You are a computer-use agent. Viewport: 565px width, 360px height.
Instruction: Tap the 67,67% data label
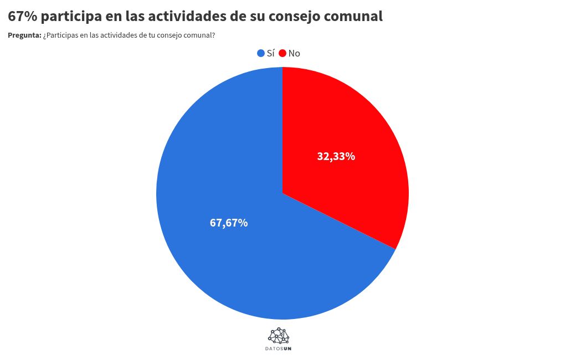(229, 223)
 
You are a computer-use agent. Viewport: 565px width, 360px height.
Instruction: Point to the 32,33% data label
(336, 156)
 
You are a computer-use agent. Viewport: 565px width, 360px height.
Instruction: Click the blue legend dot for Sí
(261, 53)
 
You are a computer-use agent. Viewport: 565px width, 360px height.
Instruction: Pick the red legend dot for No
(282, 53)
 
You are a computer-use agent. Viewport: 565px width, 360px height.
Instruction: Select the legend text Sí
(271, 53)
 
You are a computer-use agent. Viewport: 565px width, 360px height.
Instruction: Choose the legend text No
(294, 53)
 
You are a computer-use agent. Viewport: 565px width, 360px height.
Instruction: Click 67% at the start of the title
(23, 17)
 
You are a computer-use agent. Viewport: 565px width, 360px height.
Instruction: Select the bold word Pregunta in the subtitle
(24, 35)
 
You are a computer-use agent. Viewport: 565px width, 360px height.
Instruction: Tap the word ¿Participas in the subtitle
(61, 35)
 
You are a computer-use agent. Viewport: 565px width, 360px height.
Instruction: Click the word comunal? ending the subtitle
(201, 35)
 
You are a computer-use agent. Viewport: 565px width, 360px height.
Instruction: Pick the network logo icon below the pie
(279, 335)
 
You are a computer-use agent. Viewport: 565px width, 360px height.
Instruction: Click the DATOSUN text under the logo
(279, 349)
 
